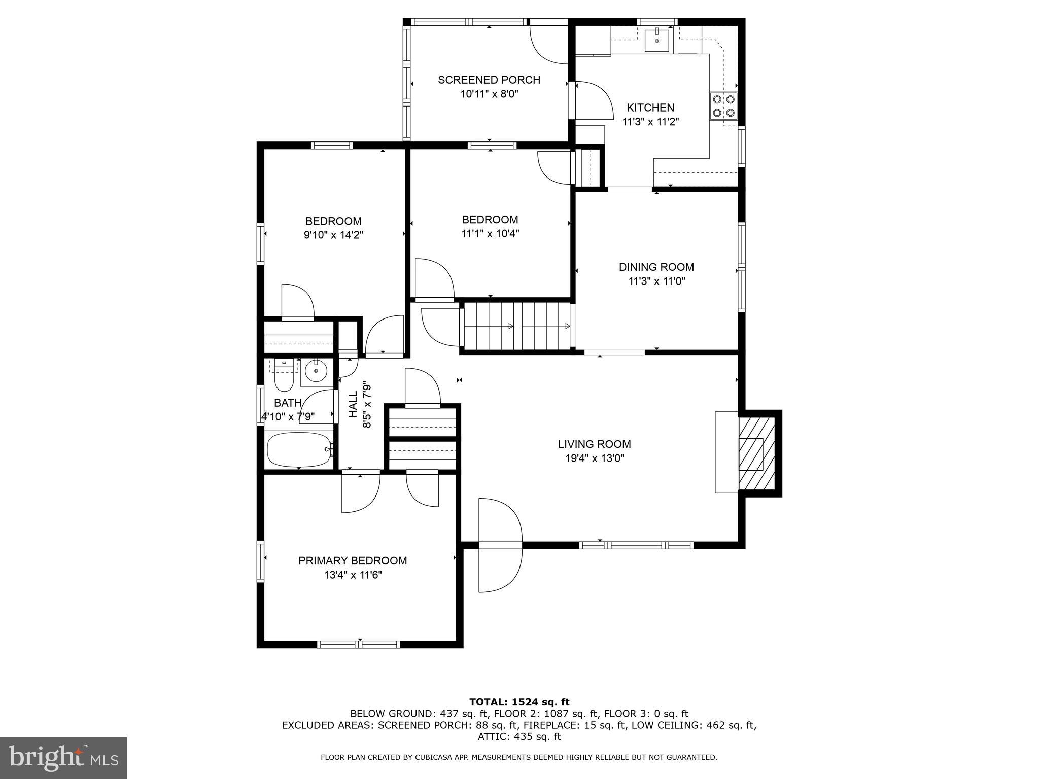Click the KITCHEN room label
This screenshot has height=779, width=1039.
650,108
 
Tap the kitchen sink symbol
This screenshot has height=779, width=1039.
656,41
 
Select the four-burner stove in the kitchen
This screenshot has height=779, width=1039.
723,107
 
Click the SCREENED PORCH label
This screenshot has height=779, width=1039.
489,80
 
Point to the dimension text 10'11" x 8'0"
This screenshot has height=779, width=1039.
489,94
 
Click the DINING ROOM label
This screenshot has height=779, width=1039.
656,267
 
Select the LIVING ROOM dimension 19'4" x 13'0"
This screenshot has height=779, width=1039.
594,458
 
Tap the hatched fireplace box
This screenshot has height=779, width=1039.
756,453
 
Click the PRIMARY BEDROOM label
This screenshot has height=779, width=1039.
353,560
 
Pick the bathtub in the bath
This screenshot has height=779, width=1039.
299,449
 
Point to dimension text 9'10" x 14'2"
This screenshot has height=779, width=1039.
333,235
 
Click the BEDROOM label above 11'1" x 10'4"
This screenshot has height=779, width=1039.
490,220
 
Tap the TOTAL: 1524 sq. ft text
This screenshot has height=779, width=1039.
519,702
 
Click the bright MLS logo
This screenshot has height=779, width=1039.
63,758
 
